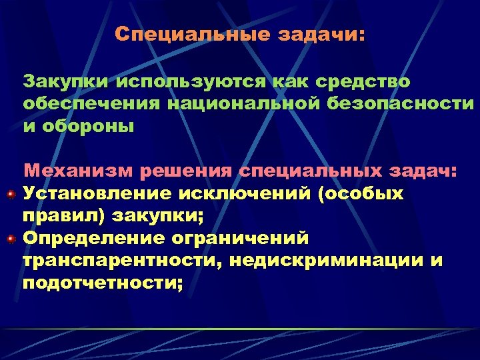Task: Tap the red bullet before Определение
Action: (x=11, y=238)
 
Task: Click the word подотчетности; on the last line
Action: (x=103, y=283)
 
